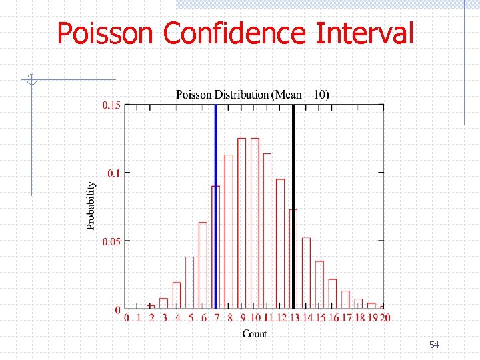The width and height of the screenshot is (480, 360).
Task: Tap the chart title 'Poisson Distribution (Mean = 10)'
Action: pos(252,94)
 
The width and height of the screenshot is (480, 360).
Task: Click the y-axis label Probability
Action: pos(91,206)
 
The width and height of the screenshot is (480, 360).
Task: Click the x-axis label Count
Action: pos(255,333)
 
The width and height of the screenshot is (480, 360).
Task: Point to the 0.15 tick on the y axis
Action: pos(111,105)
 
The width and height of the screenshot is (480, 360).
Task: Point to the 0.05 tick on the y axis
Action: pos(111,241)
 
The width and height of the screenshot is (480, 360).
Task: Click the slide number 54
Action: pos(434,345)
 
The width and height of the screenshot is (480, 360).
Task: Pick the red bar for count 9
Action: pos(241,223)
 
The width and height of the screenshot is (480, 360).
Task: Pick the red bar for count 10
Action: pos(255,223)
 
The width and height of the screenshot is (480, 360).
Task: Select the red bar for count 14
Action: pos(306,273)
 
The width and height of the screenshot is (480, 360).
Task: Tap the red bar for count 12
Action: pos(280,243)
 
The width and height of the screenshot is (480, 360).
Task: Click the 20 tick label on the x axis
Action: pos(385,318)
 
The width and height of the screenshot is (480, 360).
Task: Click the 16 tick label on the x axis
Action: pos(333,318)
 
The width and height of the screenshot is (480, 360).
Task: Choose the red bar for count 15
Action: pos(319,284)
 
